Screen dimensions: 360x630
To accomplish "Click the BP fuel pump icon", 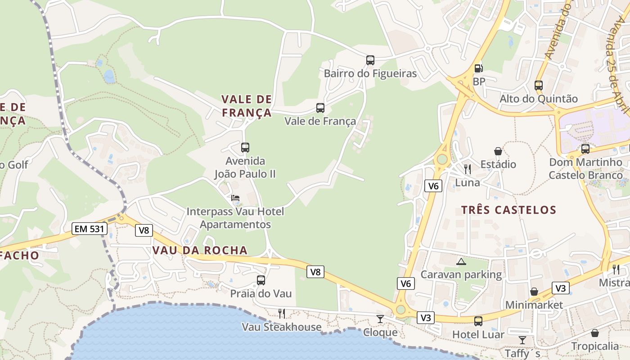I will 478,68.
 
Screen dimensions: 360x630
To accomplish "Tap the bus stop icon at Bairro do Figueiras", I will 370,60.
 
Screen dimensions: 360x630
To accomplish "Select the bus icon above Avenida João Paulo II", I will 245,147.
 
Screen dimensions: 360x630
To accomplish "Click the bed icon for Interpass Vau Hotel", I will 235,198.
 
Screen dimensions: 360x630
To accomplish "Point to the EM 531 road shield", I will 90,229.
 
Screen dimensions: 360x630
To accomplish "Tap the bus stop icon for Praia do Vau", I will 261,280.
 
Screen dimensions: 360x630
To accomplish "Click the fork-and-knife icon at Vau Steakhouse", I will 282,313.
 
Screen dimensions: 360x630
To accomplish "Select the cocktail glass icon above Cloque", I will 380,319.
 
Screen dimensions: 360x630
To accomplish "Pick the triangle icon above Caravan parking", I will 461,261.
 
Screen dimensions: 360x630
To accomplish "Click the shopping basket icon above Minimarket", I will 534,292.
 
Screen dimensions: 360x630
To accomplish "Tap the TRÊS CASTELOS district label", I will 508,210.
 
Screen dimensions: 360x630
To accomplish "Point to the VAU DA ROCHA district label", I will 200,250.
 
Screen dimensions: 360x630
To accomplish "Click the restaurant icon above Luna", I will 468,169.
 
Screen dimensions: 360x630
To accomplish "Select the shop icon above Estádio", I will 498,151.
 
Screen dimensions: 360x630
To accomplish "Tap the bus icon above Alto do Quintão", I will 538,85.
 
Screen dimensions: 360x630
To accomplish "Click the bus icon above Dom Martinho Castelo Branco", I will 585,148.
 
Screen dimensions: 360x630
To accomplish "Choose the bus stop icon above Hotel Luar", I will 478,321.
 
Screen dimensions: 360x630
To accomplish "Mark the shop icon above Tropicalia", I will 595,333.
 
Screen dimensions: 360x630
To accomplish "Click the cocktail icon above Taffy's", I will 522,340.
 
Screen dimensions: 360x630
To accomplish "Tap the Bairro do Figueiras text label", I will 370,73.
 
